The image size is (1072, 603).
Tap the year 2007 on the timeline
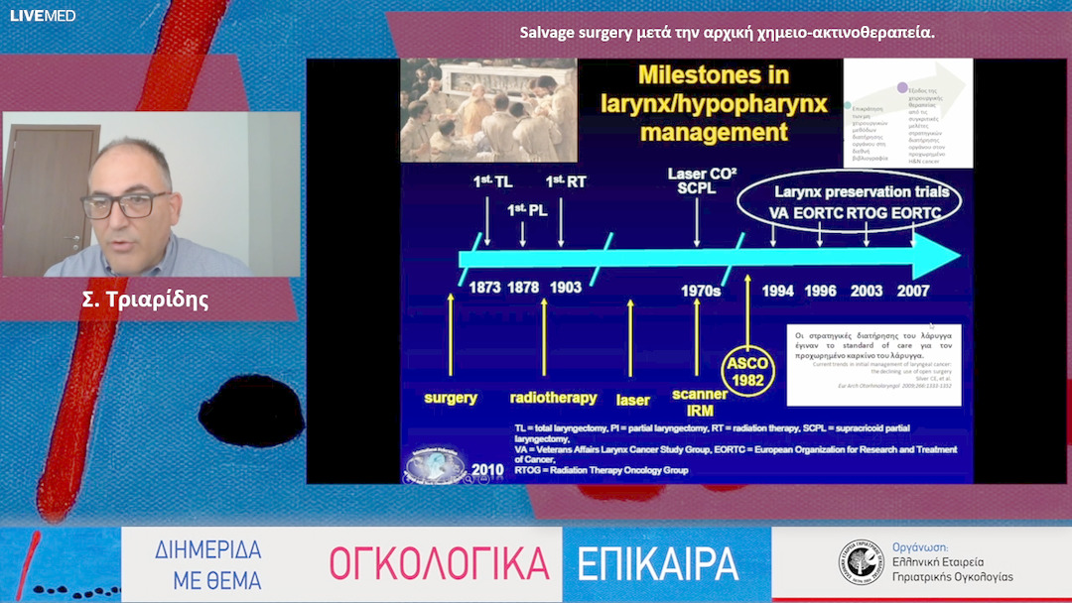click(914, 291)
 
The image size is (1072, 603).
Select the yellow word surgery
click(451, 398)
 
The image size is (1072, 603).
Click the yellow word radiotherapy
click(553, 398)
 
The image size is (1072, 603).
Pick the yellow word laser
click(632, 401)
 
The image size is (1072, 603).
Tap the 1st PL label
click(523, 210)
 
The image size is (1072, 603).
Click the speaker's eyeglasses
click(124, 205)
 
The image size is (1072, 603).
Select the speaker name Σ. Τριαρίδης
click(145, 300)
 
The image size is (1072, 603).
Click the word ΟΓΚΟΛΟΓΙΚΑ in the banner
click(439, 564)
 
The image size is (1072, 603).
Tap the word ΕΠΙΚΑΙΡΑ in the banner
click(658, 564)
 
